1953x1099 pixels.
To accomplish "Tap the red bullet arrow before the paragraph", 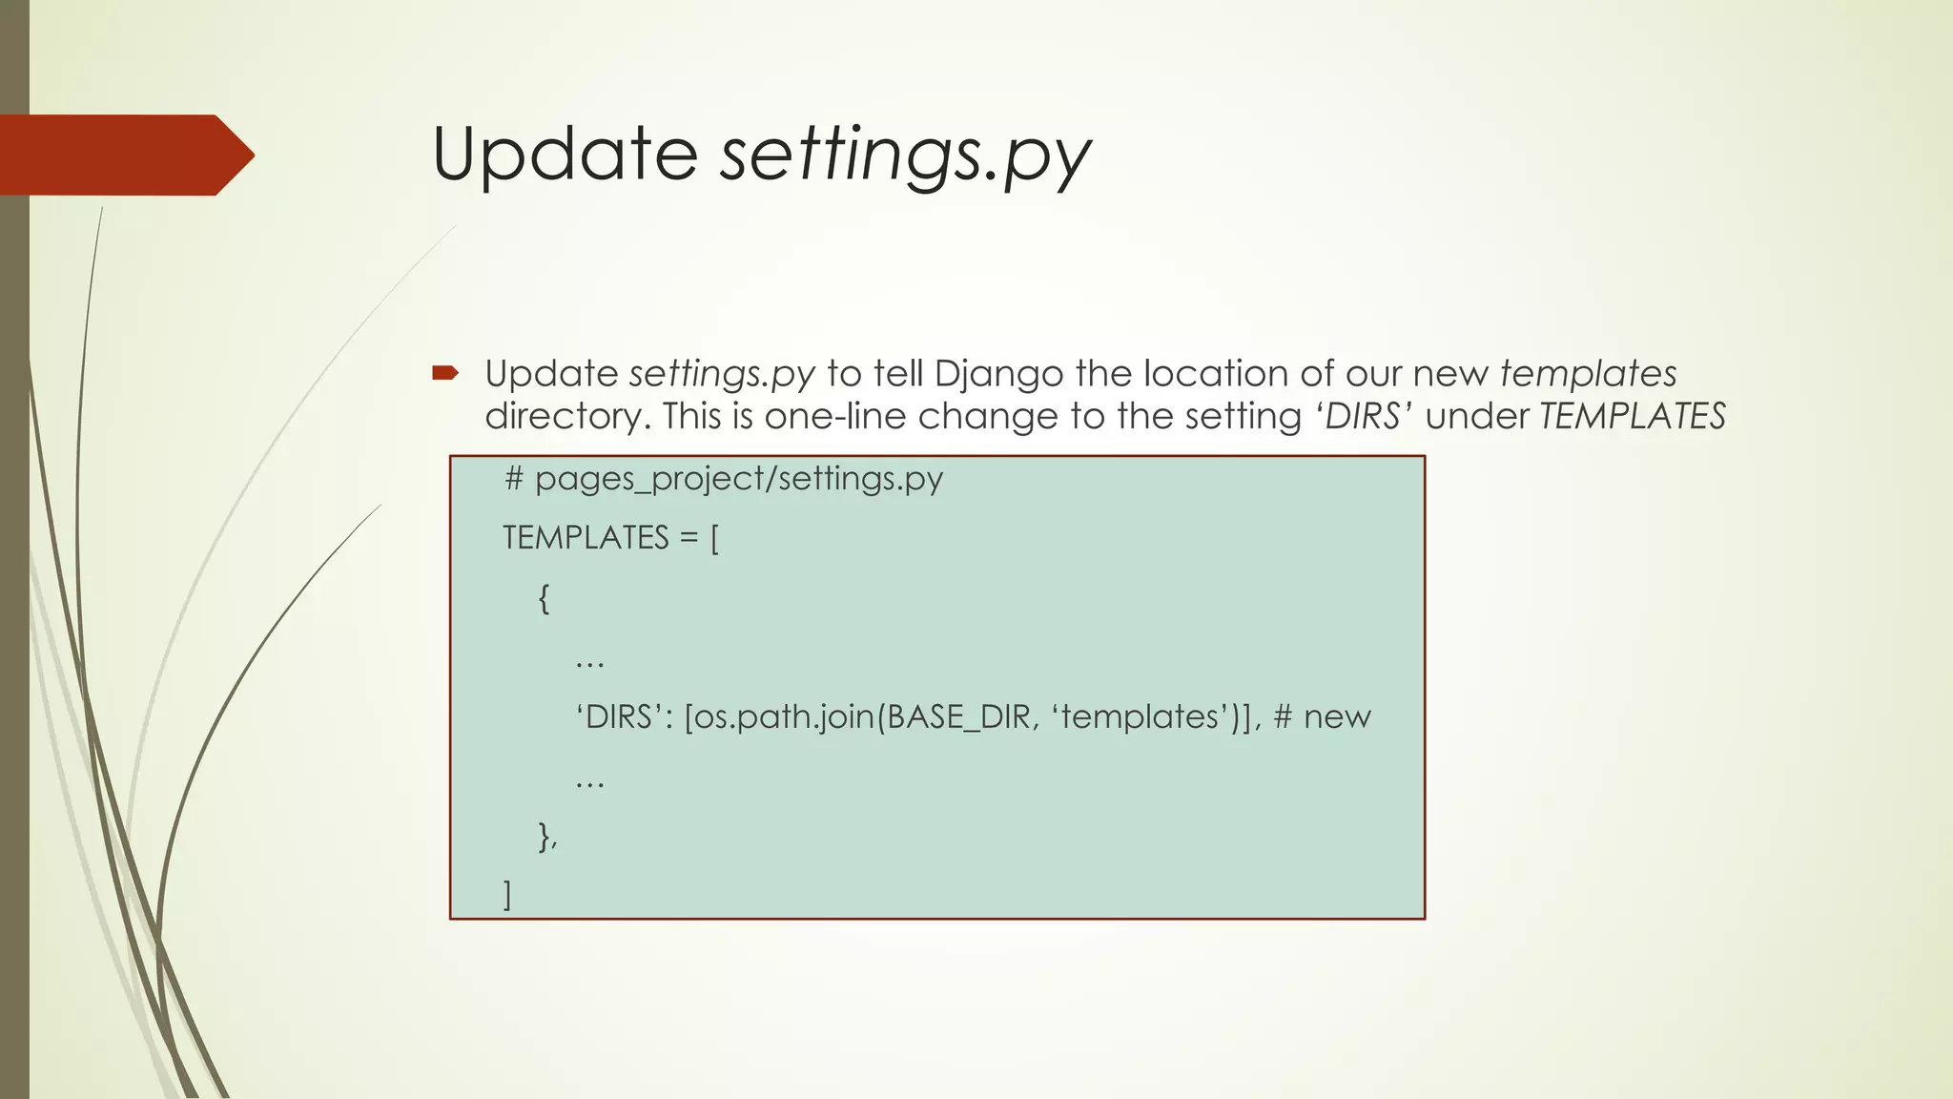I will [445, 373].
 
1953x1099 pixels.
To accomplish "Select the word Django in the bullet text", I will [998, 374].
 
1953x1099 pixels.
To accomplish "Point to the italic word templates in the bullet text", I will [1588, 373].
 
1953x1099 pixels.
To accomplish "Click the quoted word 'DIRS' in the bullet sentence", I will [1364, 416].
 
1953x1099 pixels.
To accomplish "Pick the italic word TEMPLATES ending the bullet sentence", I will [1632, 416].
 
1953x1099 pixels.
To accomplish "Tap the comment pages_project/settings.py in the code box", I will [725, 478].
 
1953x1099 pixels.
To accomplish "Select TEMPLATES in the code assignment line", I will [586, 538].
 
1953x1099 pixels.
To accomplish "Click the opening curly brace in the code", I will [544, 598].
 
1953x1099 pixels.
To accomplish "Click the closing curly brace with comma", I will [547, 836].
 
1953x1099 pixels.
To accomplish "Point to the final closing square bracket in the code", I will [507, 895].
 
